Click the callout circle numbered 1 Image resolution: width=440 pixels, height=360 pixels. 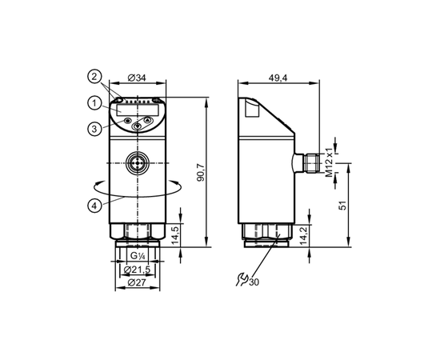pos(94,103)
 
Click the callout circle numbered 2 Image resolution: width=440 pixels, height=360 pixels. pos(94,76)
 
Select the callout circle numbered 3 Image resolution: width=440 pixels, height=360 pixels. pos(94,129)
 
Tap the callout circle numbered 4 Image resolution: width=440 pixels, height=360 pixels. pos(94,206)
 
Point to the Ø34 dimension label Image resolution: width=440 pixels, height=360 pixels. pos(137,78)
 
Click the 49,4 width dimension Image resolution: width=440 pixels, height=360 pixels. pos(278,78)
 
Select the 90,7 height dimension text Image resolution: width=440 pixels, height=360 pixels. pos(201,173)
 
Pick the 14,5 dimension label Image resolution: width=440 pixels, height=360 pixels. pos(175,236)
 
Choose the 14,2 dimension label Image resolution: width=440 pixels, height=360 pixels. pos(304,236)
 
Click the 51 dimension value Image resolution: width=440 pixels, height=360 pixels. pos(342,206)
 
